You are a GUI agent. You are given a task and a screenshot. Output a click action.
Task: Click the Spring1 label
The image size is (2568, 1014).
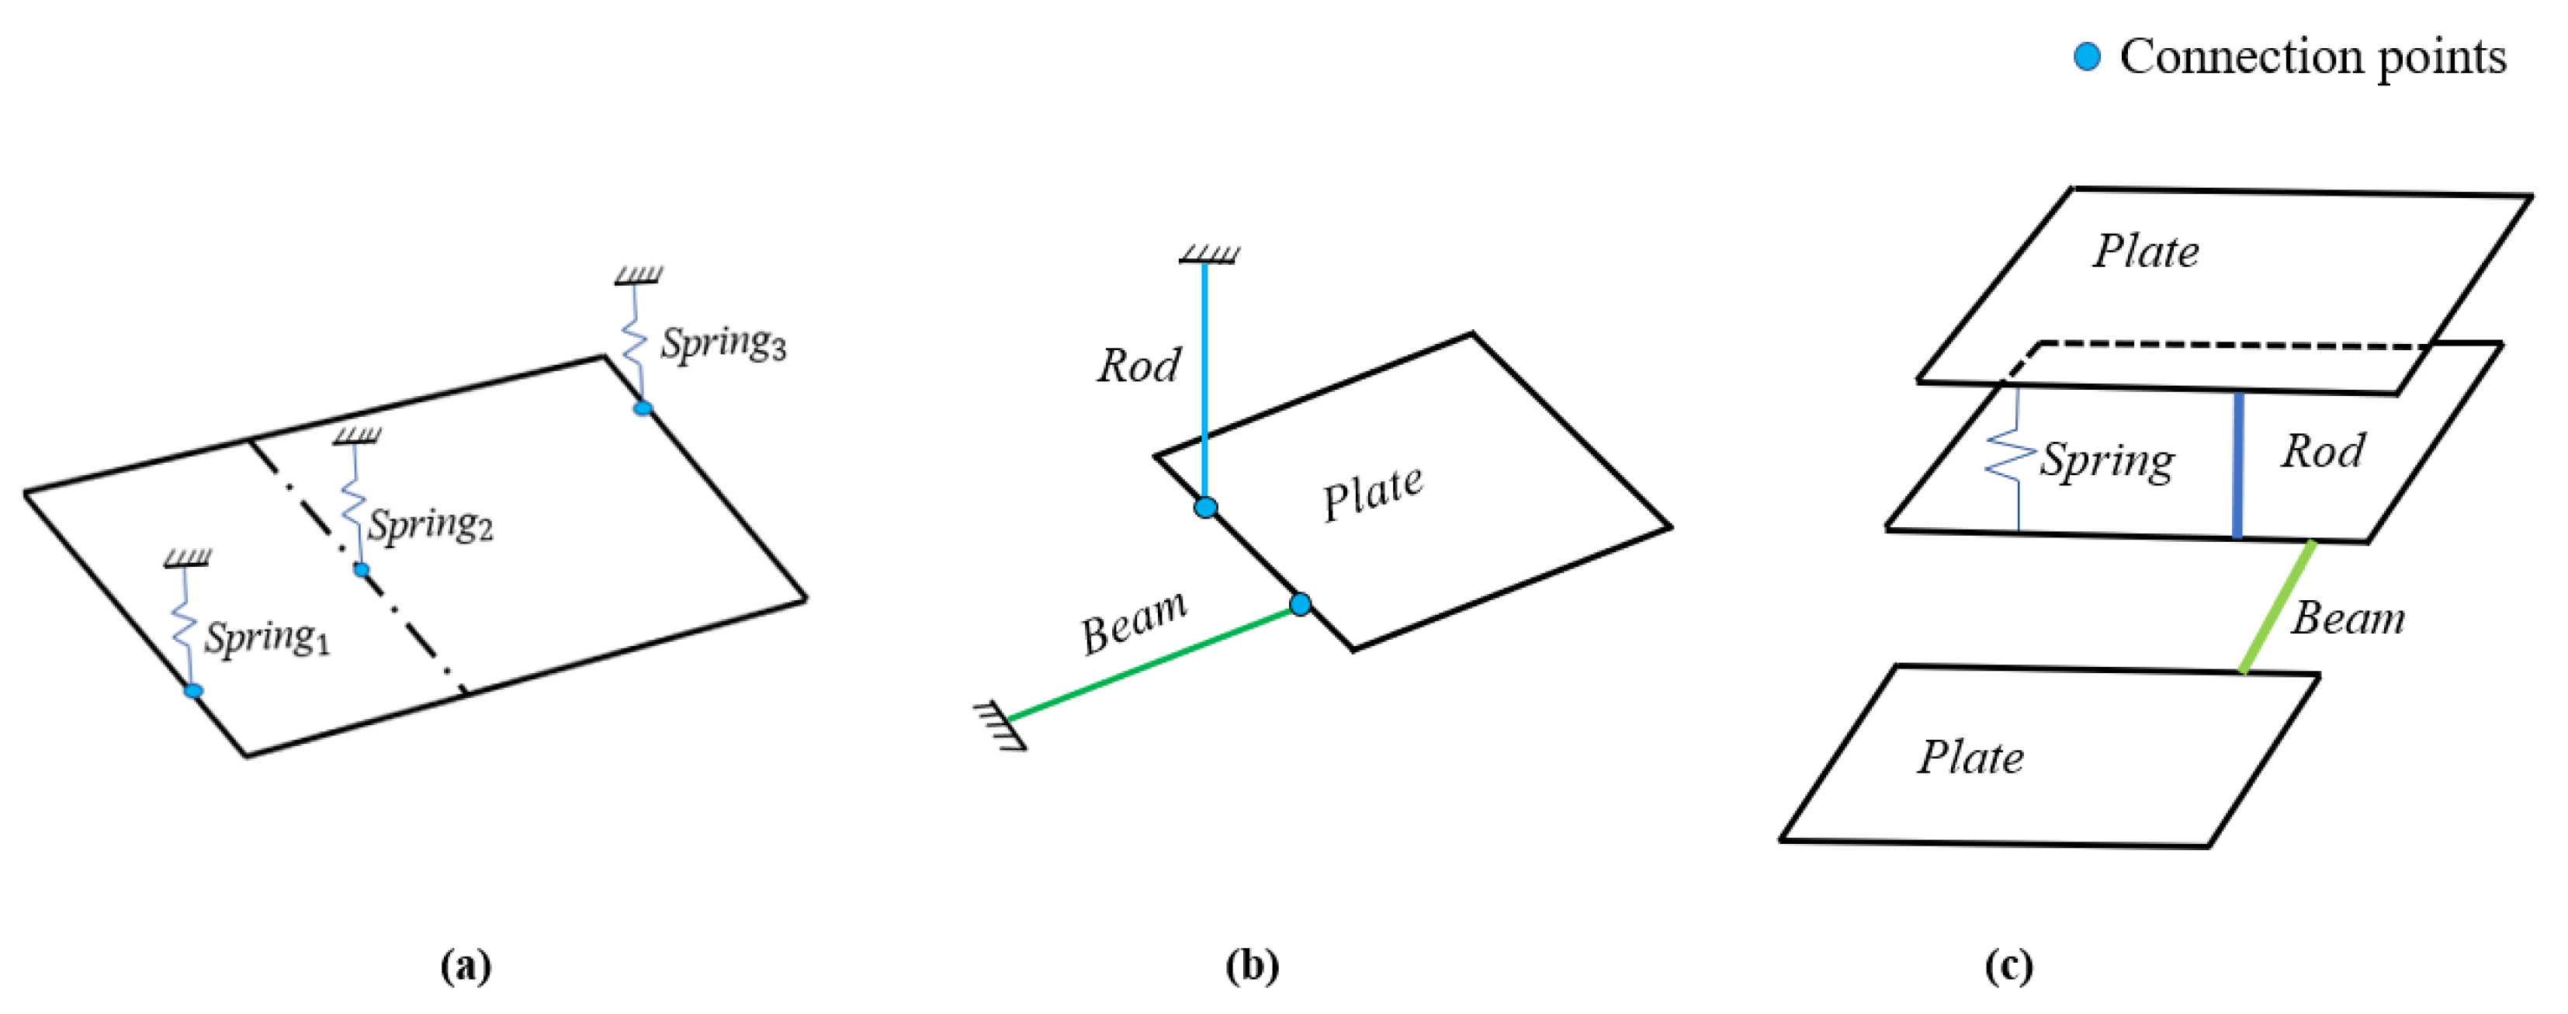pyautogui.click(x=266, y=638)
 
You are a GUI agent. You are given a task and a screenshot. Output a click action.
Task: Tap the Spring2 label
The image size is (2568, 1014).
pyautogui.click(x=430, y=524)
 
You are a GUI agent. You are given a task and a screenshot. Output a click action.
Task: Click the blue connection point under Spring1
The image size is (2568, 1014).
pyautogui.click(x=193, y=691)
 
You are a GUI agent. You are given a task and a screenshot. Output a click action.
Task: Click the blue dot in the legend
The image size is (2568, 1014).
pyautogui.click(x=2087, y=57)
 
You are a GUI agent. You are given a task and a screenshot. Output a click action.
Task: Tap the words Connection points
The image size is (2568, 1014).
pyautogui.click(x=2312, y=57)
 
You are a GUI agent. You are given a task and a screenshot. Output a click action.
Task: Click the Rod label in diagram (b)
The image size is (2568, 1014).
pyautogui.click(x=1138, y=366)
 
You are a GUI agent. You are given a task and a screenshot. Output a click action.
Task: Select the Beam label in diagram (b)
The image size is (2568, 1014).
pyautogui.click(x=1135, y=623)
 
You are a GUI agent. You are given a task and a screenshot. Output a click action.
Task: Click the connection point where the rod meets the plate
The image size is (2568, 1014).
pyautogui.click(x=1205, y=508)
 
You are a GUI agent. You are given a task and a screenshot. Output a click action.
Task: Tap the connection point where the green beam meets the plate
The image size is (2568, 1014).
pyautogui.click(x=1300, y=604)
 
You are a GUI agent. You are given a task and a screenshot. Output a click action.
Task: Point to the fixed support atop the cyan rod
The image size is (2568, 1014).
pyautogui.click(x=1208, y=255)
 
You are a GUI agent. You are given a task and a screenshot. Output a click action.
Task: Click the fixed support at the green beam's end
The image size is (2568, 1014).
pyautogui.click(x=999, y=725)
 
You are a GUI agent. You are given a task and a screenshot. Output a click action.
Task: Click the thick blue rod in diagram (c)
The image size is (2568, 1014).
pyautogui.click(x=2237, y=467)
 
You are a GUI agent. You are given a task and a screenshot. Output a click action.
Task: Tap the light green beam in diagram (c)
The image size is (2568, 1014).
pyautogui.click(x=2278, y=607)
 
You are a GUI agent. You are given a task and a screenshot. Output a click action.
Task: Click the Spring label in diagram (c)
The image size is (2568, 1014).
pyautogui.click(x=2106, y=460)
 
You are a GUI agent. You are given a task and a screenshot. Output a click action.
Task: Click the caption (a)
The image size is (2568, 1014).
pyautogui.click(x=466, y=965)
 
